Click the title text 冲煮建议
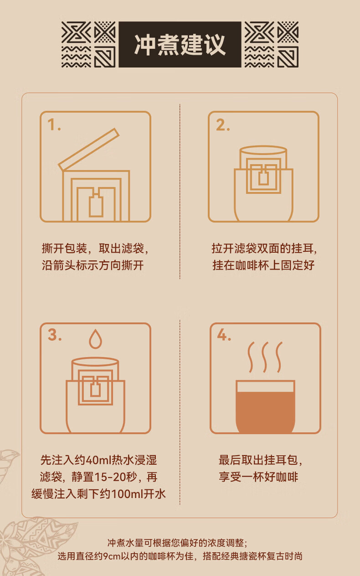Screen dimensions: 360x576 (180, 45)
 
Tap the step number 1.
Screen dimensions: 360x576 (54, 125)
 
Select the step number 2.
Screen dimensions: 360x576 (223, 125)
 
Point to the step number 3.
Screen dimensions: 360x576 (55, 335)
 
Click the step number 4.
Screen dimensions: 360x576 (224, 335)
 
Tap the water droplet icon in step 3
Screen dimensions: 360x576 (95, 339)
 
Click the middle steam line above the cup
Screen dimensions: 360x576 (265, 357)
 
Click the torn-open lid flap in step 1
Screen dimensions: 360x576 (89, 150)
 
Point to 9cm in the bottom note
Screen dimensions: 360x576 (112, 556)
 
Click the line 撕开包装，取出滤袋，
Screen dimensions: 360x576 (95, 249)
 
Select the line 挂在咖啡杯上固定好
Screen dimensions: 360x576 (263, 265)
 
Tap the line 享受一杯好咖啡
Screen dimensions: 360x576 (258, 477)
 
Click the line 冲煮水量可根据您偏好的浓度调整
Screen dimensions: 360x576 (177, 543)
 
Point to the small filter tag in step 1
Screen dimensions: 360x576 (96, 206)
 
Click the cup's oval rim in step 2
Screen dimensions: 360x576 (263, 150)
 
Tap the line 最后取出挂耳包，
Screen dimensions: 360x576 (260, 460)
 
